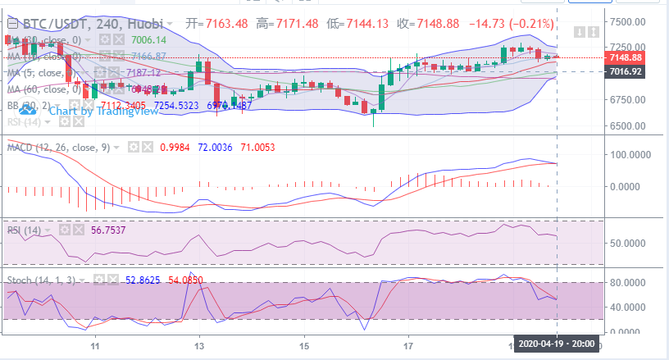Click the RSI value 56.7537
tap(66, 230)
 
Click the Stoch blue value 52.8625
tap(141, 280)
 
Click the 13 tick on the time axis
tap(198, 348)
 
